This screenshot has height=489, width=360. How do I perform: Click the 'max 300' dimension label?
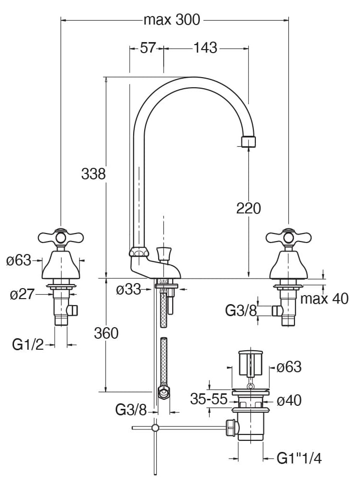pos(171,20)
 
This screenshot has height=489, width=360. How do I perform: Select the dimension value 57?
pos(148,48)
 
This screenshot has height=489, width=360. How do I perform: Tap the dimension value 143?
pos(205,48)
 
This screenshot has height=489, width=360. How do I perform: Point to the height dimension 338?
pos(94,174)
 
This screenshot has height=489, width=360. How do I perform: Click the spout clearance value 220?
pos(248,208)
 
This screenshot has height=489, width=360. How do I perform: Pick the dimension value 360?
pos(106,333)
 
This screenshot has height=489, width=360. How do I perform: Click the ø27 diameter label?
pos(23,294)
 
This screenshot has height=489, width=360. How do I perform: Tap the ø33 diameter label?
pos(128,289)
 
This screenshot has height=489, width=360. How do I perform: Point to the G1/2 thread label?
pos(29,344)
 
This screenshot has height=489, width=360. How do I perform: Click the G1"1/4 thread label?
pos(299,458)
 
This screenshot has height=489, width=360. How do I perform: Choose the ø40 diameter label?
pos(289,400)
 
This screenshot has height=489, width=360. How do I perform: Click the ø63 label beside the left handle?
pos(19,261)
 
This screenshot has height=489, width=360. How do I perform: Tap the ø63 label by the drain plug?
pos(289,367)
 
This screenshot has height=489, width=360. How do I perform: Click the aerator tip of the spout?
pos(248,141)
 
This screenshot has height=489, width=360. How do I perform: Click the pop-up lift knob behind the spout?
pos(163,252)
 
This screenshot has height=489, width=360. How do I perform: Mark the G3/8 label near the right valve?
pos(241,311)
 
